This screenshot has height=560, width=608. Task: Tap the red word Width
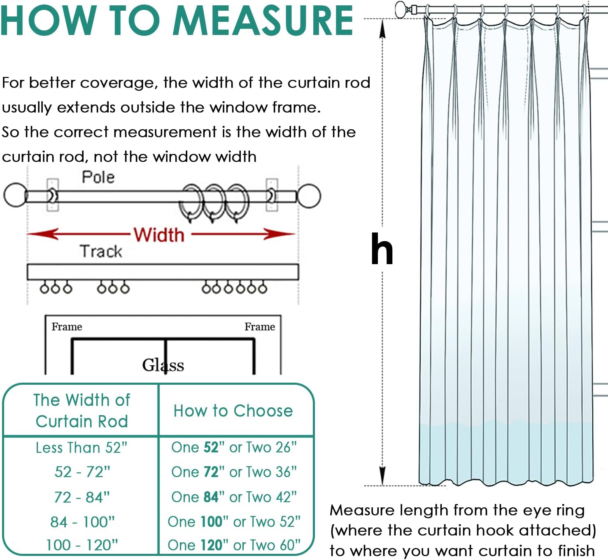click(159, 235)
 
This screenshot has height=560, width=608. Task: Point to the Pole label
click(98, 177)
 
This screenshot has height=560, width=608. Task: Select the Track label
click(101, 251)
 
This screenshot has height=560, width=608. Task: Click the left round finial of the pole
click(15, 195)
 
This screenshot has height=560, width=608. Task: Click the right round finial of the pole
click(309, 196)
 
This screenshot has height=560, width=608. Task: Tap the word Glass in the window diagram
click(163, 365)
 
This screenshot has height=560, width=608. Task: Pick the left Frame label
click(67, 327)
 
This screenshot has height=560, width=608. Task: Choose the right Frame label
click(260, 327)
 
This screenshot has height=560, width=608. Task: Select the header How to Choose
click(233, 411)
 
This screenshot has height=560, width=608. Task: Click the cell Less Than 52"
click(82, 448)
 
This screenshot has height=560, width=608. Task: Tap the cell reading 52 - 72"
click(82, 472)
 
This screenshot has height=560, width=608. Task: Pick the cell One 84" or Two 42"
click(234, 497)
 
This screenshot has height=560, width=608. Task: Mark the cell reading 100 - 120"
click(82, 545)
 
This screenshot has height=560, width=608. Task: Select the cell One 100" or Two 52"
click(234, 522)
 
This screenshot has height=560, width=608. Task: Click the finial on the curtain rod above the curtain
click(401, 9)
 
